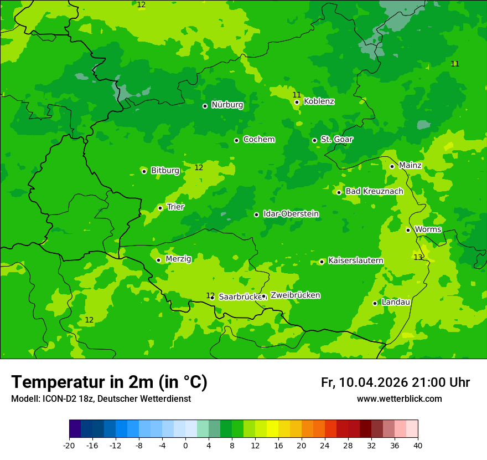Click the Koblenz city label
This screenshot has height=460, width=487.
point(319,101)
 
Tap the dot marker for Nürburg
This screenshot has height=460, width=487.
point(205,106)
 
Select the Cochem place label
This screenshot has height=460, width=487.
point(258,140)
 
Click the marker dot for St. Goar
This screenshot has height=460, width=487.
point(314,140)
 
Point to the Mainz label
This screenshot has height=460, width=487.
point(410,166)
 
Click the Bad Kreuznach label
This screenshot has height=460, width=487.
point(374,192)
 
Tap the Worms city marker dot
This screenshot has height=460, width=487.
point(408,230)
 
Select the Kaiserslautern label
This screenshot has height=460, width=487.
point(355,261)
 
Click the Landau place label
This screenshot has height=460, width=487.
point(396,303)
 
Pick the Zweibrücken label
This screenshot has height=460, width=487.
point(295,295)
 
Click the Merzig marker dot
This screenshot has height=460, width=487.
point(158,260)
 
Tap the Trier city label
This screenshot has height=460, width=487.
point(175,207)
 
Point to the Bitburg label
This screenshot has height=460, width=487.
point(165,171)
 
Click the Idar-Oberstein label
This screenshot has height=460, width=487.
point(291,214)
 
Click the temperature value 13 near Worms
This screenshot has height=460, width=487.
point(418,257)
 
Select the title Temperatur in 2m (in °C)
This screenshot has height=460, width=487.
point(109,382)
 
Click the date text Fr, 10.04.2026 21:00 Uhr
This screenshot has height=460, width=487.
point(395,382)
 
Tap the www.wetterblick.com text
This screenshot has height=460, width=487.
point(399,399)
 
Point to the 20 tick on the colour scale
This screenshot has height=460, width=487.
point(302,446)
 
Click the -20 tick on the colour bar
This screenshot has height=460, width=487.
point(69,446)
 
